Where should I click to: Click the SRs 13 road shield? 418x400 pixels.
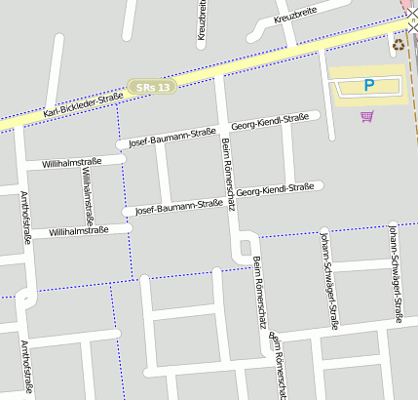point(154,87)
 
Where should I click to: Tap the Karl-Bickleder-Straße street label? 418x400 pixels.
point(84,103)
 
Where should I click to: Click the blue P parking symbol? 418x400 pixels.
point(368,86)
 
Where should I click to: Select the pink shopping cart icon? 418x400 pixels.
point(366,116)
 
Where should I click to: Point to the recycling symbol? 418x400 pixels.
point(398,44)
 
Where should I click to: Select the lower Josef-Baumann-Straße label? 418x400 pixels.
point(178,207)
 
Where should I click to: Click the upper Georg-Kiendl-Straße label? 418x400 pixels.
point(269,121)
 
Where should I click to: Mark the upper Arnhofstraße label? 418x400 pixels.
point(25,217)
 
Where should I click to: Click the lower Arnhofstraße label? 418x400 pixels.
point(25,369)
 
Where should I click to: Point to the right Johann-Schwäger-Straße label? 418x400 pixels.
point(395,272)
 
